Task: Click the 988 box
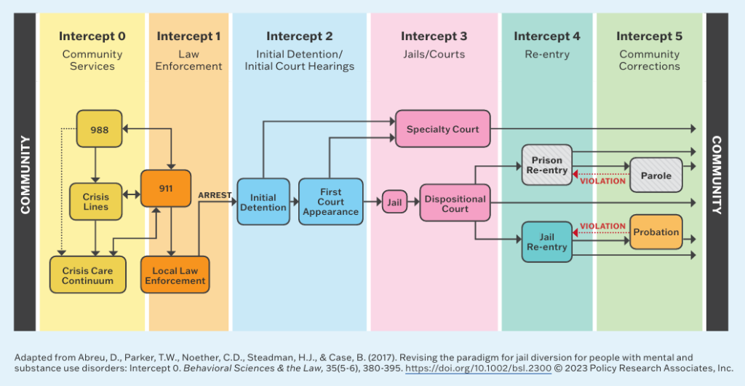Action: tap(100, 130)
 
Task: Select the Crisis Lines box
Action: tap(95, 202)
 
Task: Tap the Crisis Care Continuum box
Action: tap(87, 275)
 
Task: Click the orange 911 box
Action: tap(166, 189)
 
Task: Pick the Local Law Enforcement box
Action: tap(175, 275)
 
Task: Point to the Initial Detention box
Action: tap(263, 202)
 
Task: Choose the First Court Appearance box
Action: tap(330, 202)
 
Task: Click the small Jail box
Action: tap(394, 202)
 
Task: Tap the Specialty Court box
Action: tap(442, 130)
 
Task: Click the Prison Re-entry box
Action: tap(547, 165)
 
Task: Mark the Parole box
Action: tap(656, 176)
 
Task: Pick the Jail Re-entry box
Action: tap(547, 242)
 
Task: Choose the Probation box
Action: tap(656, 232)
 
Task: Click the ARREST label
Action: tap(215, 195)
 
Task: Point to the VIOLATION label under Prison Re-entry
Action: tap(603, 181)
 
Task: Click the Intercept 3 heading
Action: tap(434, 36)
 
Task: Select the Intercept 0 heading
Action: tap(92, 36)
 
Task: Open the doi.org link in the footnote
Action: tap(478, 369)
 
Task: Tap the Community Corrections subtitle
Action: tap(649, 60)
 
